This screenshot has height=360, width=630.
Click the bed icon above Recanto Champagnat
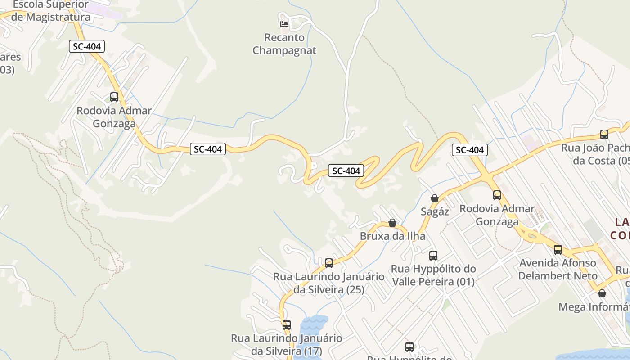(284, 23)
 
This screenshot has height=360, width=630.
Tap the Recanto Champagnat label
(284, 44)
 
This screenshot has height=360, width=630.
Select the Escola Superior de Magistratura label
(51, 11)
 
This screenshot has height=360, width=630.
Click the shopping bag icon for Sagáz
(434, 198)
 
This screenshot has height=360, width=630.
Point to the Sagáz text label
(435, 211)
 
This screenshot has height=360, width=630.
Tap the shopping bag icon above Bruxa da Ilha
(392, 223)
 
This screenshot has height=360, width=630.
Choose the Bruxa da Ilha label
(392, 236)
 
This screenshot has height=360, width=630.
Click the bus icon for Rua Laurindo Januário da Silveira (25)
(329, 263)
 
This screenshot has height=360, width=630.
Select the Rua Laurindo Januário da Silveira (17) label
(287, 344)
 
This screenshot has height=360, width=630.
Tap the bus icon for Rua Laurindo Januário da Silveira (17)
(287, 324)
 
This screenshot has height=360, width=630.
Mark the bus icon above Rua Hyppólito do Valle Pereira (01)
(433, 256)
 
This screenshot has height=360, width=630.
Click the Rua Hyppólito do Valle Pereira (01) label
(433, 275)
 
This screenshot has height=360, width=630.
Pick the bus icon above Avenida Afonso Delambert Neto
(558, 249)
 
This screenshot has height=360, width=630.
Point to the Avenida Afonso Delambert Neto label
(558, 269)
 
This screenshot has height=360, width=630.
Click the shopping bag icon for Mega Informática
(602, 293)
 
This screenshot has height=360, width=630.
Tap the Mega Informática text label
(594, 307)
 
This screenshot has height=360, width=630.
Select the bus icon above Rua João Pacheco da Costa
(604, 134)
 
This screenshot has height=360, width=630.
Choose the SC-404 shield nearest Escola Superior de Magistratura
(87, 46)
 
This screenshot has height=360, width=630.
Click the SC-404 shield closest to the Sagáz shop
(469, 150)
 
